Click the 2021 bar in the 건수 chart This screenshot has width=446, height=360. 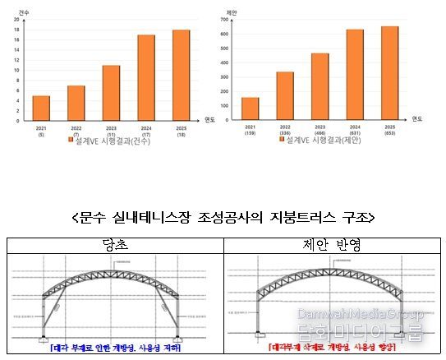point(41,108)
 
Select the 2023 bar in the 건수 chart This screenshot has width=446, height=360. point(111,93)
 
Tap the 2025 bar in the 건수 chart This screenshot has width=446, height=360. point(181,76)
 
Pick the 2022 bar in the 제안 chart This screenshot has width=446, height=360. point(285,96)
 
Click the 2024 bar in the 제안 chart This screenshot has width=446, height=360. point(355,75)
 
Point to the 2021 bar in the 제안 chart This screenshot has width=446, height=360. point(251,109)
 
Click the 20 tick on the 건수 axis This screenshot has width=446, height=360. point(16,19)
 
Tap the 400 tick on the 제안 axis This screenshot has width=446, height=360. point(231,62)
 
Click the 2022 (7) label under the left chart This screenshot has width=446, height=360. point(76,132)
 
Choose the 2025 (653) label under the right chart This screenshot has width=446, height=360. point(389,132)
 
